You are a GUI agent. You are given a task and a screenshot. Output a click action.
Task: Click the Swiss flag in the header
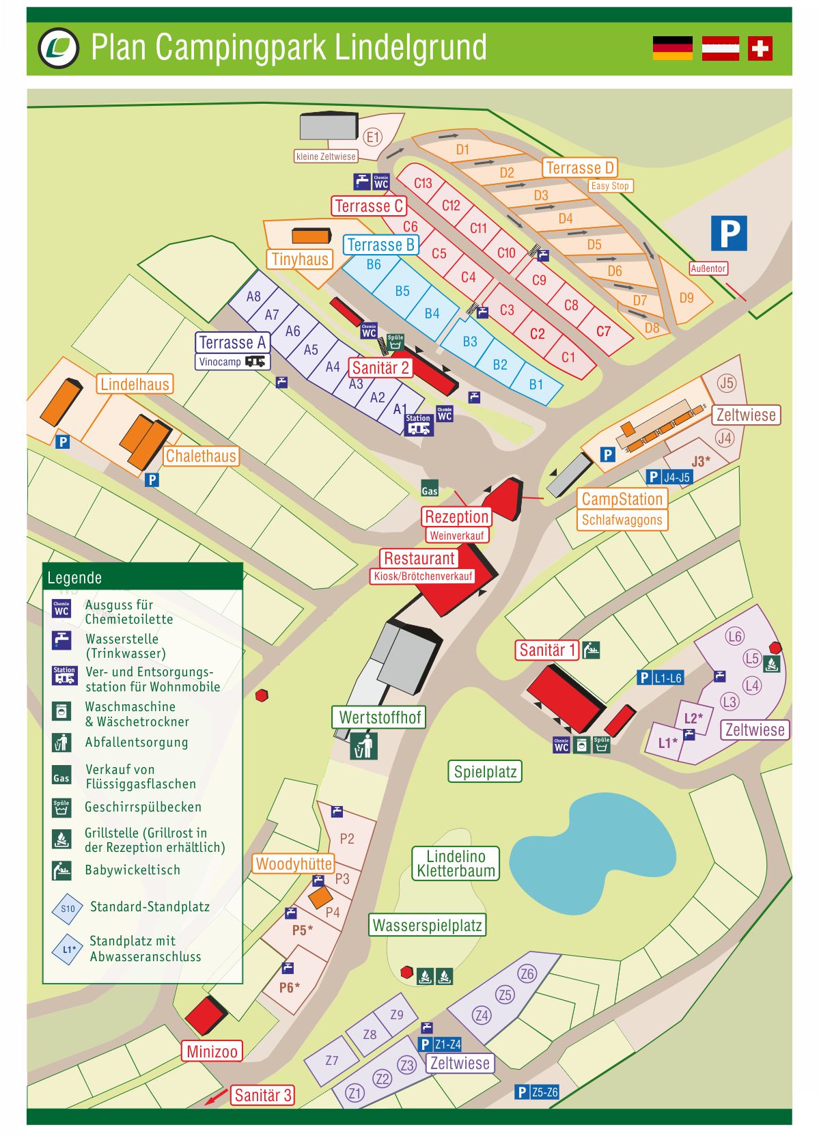760,49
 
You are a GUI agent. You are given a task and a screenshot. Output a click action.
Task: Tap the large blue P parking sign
729,234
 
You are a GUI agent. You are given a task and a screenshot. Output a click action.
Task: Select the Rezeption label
456,516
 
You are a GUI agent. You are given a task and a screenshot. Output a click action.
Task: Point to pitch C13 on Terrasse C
423,183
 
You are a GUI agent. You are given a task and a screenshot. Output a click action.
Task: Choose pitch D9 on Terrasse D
686,298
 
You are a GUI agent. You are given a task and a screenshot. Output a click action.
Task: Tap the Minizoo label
212,1051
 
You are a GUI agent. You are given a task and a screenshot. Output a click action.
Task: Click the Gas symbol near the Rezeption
429,489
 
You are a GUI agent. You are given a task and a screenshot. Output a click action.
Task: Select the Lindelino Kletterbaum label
456,863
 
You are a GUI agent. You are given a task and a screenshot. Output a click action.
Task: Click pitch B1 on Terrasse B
536,385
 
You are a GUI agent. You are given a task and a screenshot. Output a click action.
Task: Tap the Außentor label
708,268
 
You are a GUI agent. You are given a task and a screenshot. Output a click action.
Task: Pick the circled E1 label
372,137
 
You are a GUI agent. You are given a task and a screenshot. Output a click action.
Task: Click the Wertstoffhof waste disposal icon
364,746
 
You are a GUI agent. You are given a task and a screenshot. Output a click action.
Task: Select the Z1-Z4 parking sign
440,1044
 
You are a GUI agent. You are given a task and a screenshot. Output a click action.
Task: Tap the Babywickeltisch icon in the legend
61,870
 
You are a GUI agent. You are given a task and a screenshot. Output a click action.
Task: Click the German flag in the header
672,49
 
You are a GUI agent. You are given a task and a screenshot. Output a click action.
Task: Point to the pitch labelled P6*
289,987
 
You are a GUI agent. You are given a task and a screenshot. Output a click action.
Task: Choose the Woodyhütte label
293,863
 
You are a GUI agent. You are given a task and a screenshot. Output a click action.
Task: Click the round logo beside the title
59,48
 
